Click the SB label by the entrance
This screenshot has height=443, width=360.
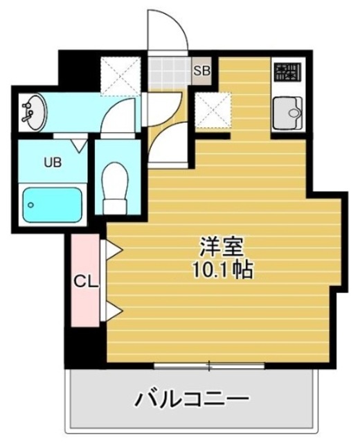pyautogui.click(x=201, y=71)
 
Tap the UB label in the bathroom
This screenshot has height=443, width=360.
pyautogui.click(x=53, y=163)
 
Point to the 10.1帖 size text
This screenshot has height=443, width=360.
pyautogui.click(x=222, y=269)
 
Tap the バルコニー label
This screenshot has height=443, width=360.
pyautogui.click(x=191, y=399)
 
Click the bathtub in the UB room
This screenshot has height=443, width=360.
pyautogui.click(x=51, y=204)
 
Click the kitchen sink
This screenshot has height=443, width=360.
pyautogui.click(x=286, y=113)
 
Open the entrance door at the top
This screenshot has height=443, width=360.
pyautogui.click(x=166, y=31)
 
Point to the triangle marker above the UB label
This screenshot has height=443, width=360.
pyautogui.click(x=80, y=145)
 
